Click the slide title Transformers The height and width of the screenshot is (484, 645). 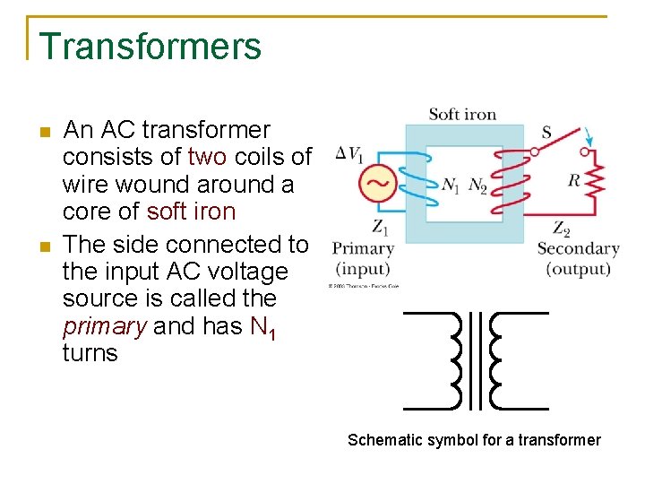click(150, 47)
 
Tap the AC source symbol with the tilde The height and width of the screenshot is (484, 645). click(377, 185)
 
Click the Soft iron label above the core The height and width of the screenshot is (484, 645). click(462, 114)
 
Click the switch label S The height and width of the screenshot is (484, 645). click(546, 133)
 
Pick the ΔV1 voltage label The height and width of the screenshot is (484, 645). click(348, 155)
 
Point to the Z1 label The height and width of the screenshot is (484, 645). click(380, 226)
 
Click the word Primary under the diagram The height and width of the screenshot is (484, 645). click(363, 248)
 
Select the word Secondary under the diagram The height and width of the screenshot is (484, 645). click(578, 248)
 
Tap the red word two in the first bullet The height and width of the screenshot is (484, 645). click(208, 158)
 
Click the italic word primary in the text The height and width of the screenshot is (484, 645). click(104, 326)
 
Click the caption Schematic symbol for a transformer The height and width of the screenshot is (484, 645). click(474, 440)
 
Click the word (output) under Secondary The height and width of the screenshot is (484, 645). click(578, 269)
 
